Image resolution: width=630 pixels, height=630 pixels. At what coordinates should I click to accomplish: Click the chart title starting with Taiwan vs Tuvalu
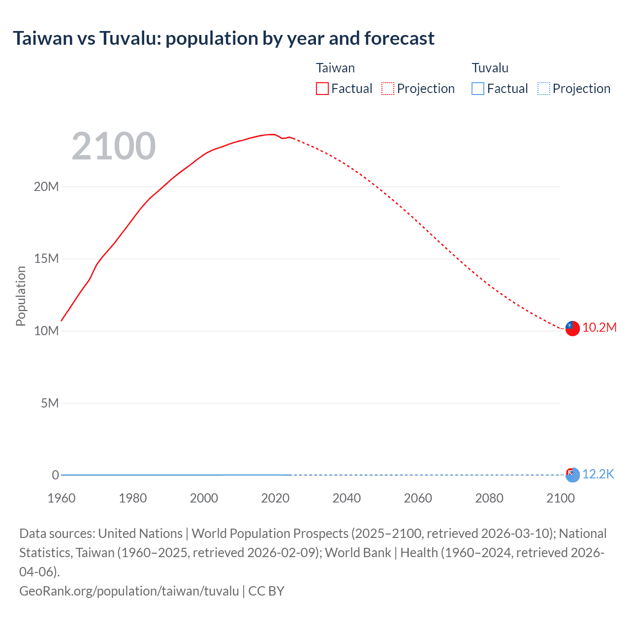tap(223, 38)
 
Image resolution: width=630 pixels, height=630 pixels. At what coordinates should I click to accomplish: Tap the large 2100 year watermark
tap(114, 146)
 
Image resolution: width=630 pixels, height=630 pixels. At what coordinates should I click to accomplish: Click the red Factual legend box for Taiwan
tap(322, 89)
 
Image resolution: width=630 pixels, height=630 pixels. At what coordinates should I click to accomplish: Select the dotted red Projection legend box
tap(388, 89)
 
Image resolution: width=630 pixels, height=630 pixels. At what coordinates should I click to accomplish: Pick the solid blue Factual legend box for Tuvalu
tap(477, 89)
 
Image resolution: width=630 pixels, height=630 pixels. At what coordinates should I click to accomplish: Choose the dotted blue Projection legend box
tap(543, 89)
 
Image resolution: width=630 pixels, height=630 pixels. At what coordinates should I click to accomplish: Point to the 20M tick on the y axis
tap(46, 187)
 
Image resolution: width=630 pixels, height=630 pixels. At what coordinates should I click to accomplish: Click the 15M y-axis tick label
tap(46, 259)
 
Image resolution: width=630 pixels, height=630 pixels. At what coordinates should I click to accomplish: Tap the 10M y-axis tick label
tap(46, 331)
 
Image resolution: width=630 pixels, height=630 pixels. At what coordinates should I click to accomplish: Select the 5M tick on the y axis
tap(50, 403)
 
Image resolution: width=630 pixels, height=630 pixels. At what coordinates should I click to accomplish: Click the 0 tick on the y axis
tap(55, 475)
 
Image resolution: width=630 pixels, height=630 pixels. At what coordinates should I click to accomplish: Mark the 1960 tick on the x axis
tap(62, 498)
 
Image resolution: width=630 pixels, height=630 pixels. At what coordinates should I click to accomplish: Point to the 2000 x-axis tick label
tap(204, 498)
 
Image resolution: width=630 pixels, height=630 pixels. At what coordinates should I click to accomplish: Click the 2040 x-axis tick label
tap(346, 498)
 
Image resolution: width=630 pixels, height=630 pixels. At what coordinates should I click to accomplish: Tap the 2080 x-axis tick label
tap(489, 498)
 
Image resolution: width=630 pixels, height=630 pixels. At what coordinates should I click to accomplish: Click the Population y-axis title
tap(21, 296)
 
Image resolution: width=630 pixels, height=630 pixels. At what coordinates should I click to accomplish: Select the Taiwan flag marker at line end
tap(572, 328)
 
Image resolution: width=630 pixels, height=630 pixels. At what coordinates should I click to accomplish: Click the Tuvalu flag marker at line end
tap(572, 475)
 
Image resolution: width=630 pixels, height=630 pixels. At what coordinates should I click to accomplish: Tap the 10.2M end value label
tap(599, 328)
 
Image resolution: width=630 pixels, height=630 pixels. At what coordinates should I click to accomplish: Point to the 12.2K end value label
tap(598, 474)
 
